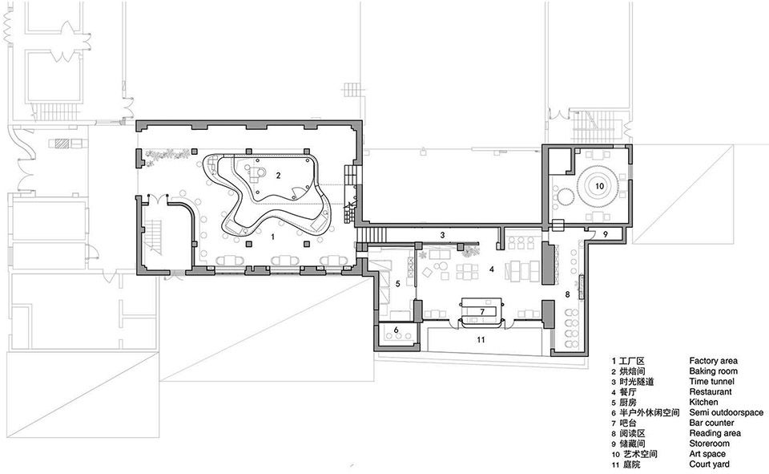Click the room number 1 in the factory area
[273, 237]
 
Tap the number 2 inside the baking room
[278, 176]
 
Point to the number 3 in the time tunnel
[442, 235]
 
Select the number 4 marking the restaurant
[490, 269]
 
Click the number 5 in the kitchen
[398, 283]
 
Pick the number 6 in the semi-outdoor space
[395, 330]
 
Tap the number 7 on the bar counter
[482, 311]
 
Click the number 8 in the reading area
[567, 294]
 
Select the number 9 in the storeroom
[606, 234]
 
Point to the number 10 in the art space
[600, 186]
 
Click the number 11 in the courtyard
[481, 339]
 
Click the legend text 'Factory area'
[713, 361]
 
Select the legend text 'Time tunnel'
[711, 382]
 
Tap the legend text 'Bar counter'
[711, 423]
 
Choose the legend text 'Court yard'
[709, 464]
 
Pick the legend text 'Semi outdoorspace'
[727, 412]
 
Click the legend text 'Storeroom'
[709, 444]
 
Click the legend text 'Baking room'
[713, 371]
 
